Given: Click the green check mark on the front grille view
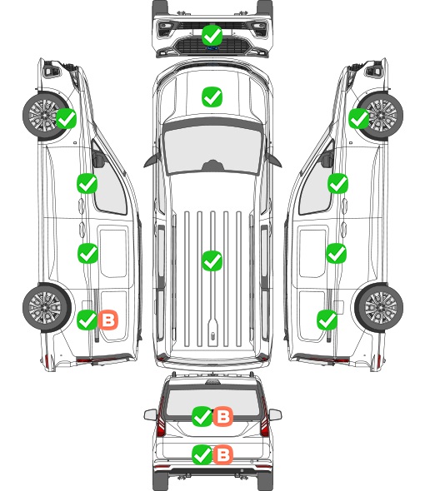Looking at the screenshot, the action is pos(212,35).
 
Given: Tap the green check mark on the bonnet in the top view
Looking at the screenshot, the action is pos(212,97).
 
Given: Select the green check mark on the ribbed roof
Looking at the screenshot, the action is pos(212,260).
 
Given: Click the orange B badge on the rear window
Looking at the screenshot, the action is pos(223,416).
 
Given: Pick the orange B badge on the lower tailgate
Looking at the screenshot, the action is pos(223,454).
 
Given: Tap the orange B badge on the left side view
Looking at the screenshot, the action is pos(108,320).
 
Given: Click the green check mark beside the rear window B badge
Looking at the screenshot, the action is pos(202,416).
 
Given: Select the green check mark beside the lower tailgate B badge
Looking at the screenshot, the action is pos(202,454).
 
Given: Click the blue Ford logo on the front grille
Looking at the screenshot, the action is pos(212,48).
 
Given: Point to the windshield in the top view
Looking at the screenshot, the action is pos(212,150).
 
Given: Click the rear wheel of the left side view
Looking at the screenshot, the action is pos(47,308).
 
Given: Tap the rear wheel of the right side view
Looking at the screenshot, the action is pos(379,308).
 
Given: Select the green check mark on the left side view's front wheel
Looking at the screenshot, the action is pos(66,119).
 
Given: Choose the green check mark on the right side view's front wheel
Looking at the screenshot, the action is pos(359,119).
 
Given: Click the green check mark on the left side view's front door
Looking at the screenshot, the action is pos(87,183).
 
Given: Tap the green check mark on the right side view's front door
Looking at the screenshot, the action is pos(337,183).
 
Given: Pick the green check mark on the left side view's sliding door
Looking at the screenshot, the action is pos(87,253).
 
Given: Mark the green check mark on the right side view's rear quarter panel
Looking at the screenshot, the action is pos(327,320).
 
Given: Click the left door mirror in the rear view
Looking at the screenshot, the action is pos(150,414).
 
